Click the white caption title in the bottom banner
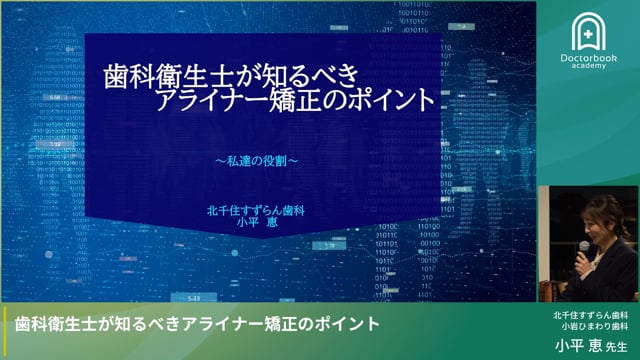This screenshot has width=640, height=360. pyautogui.click(x=197, y=324)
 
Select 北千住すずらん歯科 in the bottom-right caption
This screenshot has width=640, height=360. pyautogui.click(x=592, y=314)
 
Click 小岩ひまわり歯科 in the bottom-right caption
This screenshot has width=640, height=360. pyautogui.click(x=592, y=327)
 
